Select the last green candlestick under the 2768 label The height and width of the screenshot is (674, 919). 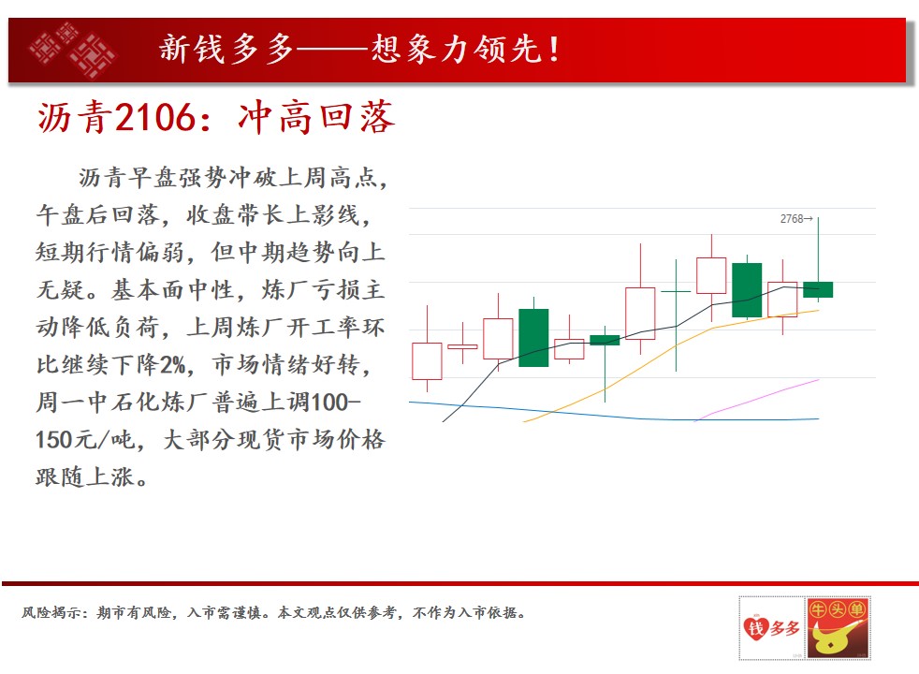(x=818, y=289)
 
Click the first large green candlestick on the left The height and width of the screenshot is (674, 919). (x=534, y=338)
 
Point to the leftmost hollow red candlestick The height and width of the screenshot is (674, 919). (x=428, y=361)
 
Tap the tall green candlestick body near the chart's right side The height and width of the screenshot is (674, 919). (x=748, y=290)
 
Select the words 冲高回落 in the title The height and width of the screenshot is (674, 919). (x=316, y=117)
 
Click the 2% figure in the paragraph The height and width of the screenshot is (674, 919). (x=173, y=364)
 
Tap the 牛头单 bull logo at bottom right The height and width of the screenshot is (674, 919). (x=839, y=628)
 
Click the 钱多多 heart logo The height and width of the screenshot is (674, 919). (x=772, y=628)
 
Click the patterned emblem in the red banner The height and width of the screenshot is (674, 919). (x=72, y=50)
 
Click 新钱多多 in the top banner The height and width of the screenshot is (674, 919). (x=226, y=49)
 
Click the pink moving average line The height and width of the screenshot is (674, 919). (x=756, y=399)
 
